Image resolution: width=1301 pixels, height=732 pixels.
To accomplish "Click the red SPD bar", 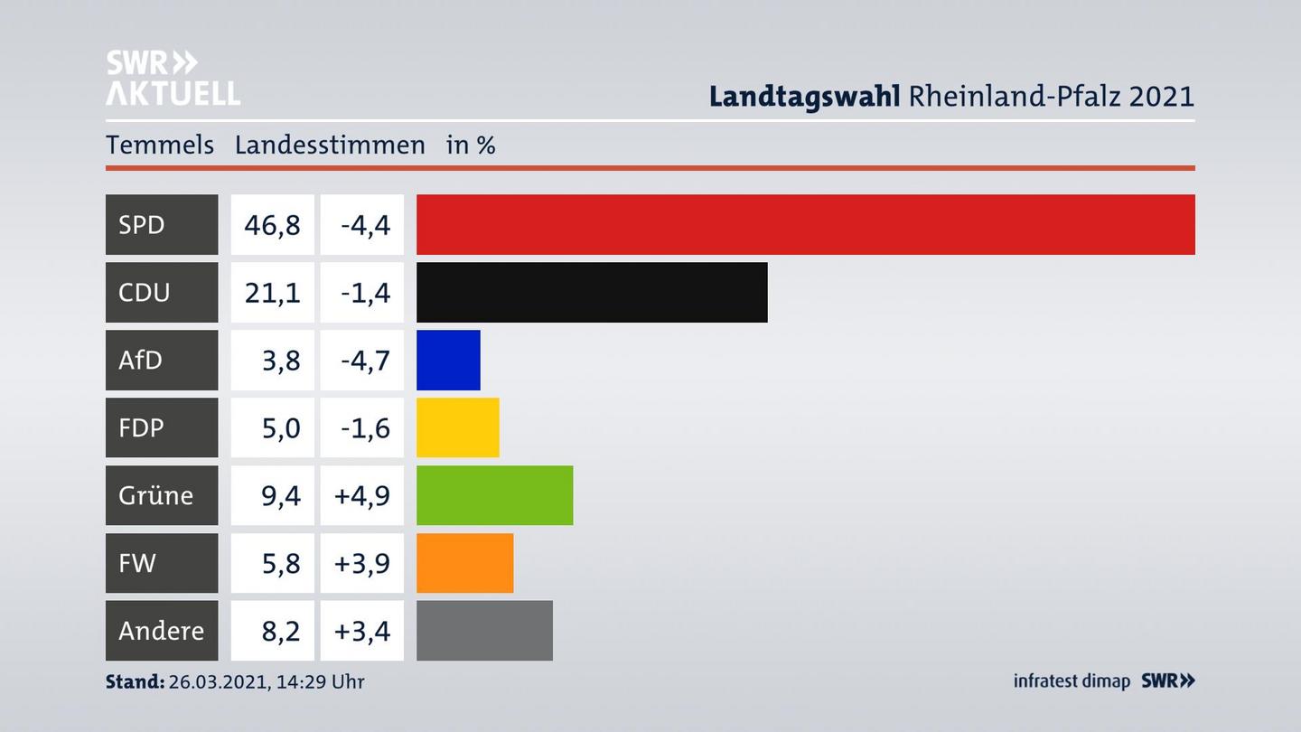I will (805, 224).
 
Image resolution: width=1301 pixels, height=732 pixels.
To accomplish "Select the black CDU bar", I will (592, 292).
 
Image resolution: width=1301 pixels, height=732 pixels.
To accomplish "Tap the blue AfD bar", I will (448, 360).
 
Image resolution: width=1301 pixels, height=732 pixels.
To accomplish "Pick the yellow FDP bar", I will (457, 427).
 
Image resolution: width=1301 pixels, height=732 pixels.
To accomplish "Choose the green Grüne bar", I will (494, 495).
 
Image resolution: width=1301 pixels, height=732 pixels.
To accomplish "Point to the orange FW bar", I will (464, 563).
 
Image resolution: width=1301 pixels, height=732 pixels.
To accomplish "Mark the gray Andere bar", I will (484, 630).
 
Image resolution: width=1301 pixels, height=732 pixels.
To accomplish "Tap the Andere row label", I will (161, 630).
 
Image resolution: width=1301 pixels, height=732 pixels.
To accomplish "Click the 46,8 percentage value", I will (272, 224).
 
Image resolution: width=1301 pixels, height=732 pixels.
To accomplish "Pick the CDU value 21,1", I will (272, 292).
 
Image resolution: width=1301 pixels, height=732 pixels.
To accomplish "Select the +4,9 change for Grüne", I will (362, 495).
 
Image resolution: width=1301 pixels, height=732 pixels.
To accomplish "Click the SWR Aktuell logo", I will (173, 78).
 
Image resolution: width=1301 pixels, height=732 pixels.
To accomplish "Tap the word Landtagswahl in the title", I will (804, 96).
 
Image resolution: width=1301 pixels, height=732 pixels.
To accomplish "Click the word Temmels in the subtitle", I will (160, 145).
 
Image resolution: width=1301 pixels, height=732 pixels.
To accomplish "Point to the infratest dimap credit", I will (1072, 681).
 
